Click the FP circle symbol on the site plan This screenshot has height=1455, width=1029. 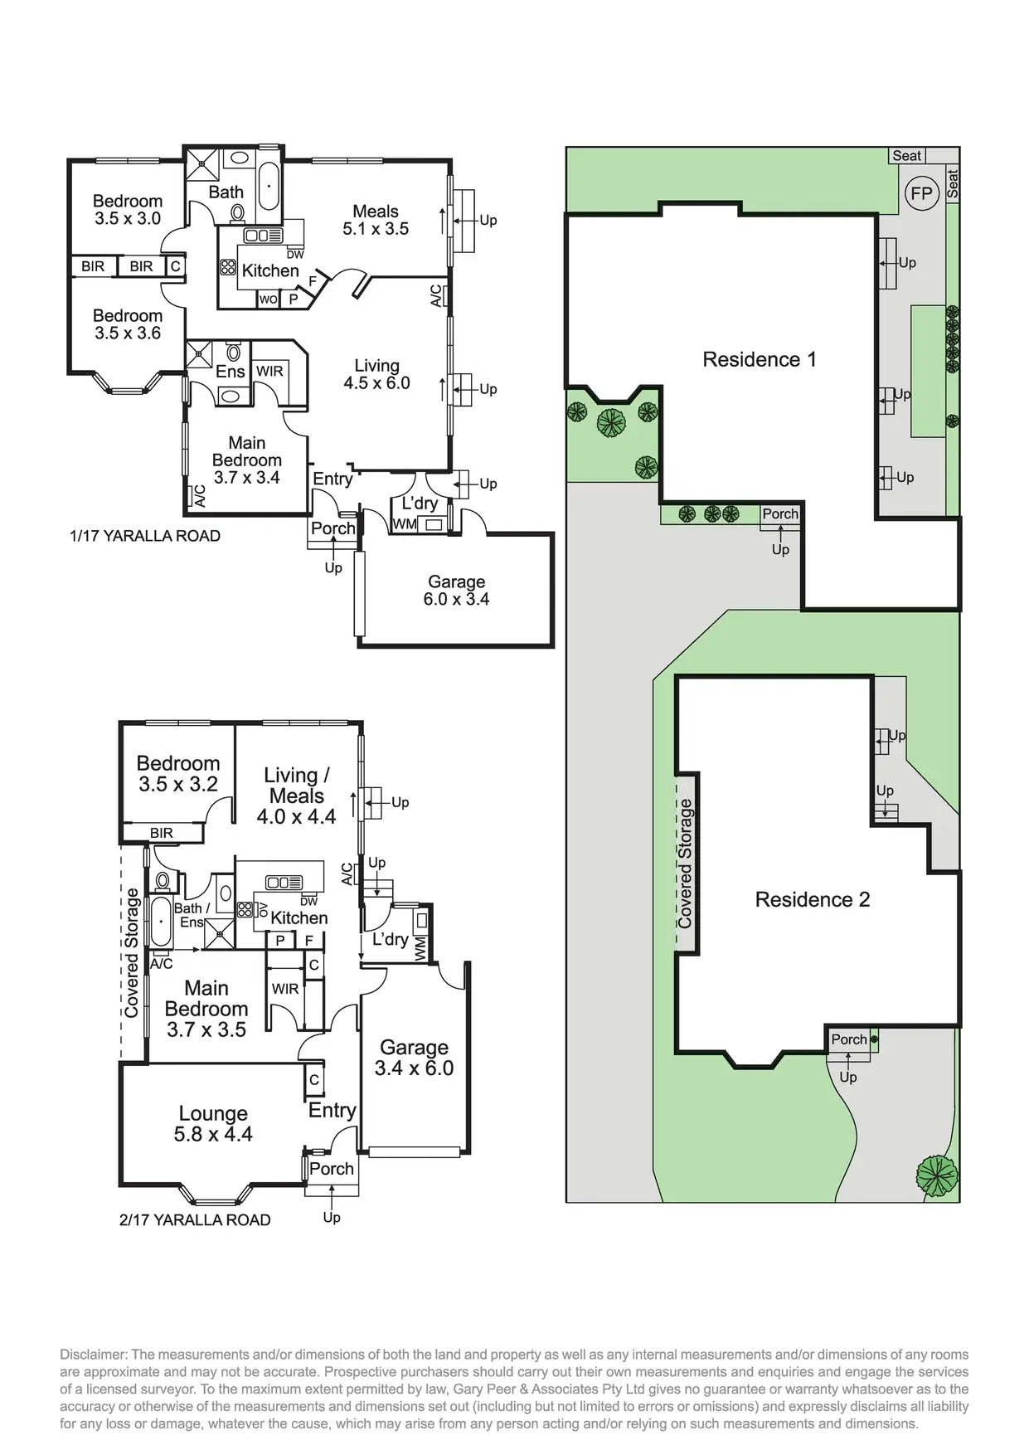click(x=921, y=194)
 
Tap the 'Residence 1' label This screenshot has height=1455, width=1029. click(x=759, y=359)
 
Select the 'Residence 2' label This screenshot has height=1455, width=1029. click(x=812, y=899)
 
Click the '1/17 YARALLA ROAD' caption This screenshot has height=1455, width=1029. click(x=145, y=536)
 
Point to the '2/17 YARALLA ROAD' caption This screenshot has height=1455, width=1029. click(x=195, y=1219)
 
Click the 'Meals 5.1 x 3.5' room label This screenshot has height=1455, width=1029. click(x=376, y=220)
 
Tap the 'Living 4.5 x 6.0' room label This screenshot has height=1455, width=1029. click(x=376, y=374)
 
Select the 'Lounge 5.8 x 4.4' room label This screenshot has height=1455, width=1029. click(x=213, y=1123)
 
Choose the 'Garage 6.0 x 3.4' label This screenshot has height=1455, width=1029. click(x=456, y=591)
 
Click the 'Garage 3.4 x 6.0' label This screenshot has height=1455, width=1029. click(x=414, y=1058)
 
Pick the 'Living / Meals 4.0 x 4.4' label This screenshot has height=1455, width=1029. click(x=296, y=796)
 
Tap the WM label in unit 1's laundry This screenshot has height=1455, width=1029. click(x=405, y=524)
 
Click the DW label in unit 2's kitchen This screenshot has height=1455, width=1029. click(x=308, y=902)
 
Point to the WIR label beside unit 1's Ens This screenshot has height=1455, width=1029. click(x=269, y=371)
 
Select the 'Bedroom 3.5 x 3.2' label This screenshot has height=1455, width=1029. click(x=177, y=773)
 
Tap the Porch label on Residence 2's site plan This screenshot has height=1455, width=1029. click(x=848, y=1039)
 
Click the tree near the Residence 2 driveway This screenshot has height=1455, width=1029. click(x=937, y=1175)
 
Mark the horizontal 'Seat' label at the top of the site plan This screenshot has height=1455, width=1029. click(x=906, y=155)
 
